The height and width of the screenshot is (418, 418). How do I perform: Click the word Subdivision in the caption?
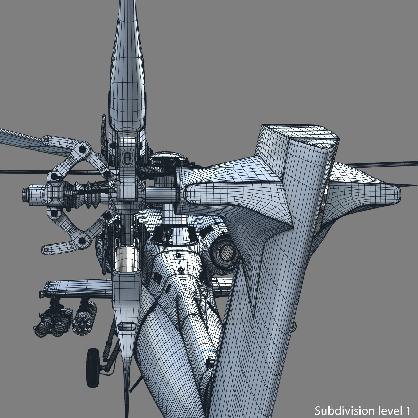tap(343, 409)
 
